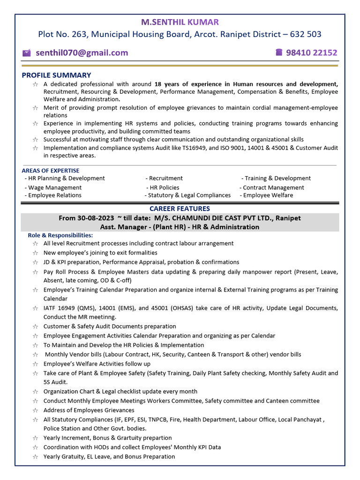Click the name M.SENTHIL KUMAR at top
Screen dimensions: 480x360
(x=180, y=22)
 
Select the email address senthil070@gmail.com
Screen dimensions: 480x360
(x=82, y=52)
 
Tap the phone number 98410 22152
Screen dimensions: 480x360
(x=312, y=52)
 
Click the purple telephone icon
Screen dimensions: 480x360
(x=279, y=52)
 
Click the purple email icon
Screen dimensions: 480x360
(x=27, y=53)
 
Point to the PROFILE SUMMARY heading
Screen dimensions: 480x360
(x=56, y=75)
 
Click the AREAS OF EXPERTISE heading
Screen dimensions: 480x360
(x=51, y=171)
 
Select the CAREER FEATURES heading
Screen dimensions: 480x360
(x=180, y=209)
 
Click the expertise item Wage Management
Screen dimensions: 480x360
(x=54, y=187)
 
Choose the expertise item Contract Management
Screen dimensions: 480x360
(x=272, y=187)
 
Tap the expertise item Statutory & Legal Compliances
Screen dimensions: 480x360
(x=188, y=195)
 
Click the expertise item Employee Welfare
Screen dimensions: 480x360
(x=267, y=195)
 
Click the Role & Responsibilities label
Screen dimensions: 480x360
(x=60, y=235)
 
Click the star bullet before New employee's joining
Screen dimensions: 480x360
(x=35, y=253)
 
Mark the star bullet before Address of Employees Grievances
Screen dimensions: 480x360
(x=35, y=411)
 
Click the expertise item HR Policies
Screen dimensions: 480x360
(x=164, y=187)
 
